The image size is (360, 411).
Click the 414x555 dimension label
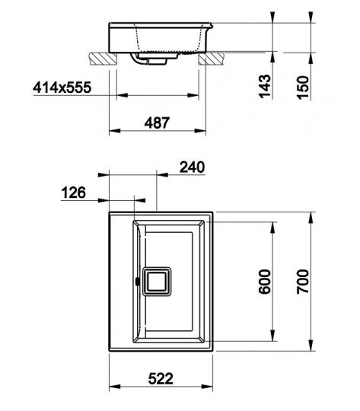point(62,88)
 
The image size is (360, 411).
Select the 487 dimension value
point(157,123)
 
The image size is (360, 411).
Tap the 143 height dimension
point(265,86)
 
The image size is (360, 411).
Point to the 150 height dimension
point(303,88)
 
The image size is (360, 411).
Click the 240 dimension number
point(192,167)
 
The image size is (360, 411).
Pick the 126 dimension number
point(73,193)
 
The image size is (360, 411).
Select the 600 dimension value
point(264,282)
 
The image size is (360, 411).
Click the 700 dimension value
point(303,282)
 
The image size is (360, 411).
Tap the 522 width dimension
point(161,378)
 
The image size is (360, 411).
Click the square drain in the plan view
point(157,282)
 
